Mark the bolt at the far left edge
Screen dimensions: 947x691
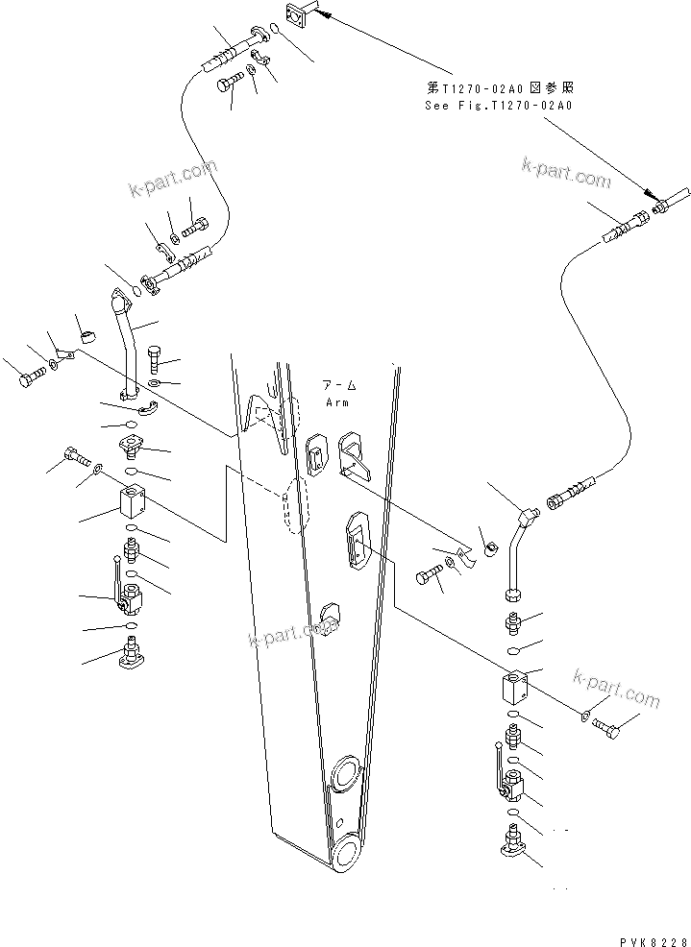[29, 376]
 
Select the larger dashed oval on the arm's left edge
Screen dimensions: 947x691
[295, 504]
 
